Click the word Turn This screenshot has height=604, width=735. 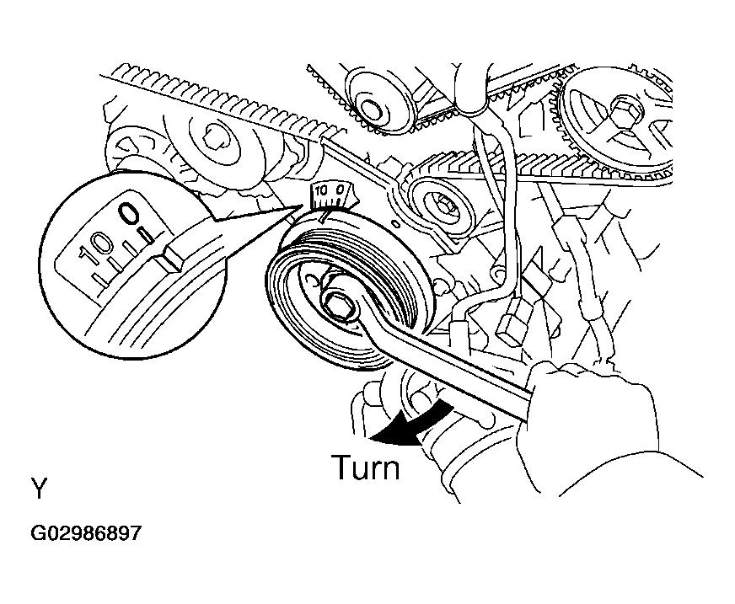click(x=366, y=468)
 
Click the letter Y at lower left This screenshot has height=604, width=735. click(x=40, y=489)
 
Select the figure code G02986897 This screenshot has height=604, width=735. click(x=86, y=533)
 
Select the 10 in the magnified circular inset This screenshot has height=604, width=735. click(x=96, y=247)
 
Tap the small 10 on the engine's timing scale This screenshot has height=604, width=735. click(x=321, y=191)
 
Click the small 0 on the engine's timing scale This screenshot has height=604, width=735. click(x=341, y=190)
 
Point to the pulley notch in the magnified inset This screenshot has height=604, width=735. click(x=168, y=259)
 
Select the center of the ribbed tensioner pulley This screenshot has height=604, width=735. click(x=442, y=204)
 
